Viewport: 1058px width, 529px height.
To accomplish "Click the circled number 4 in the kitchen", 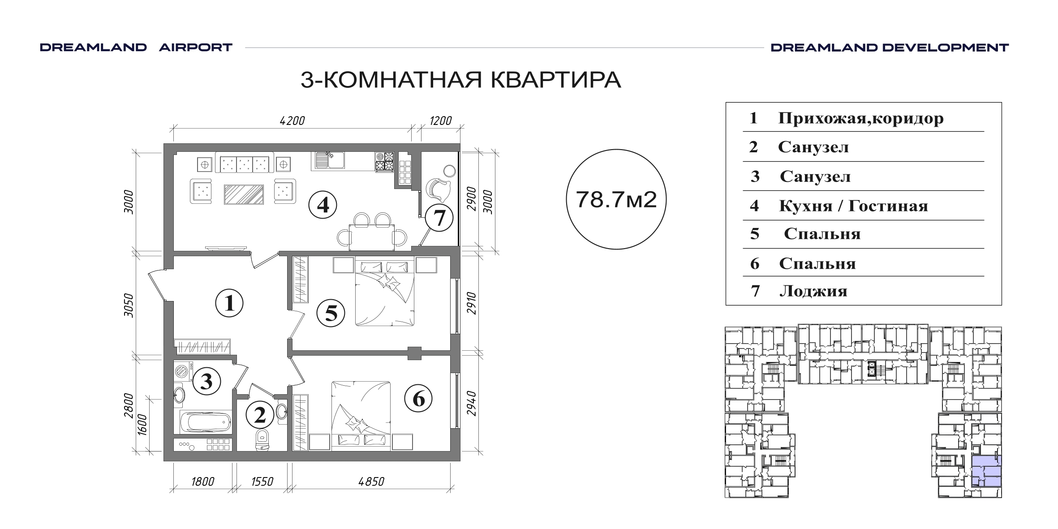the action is pyautogui.click(x=323, y=205).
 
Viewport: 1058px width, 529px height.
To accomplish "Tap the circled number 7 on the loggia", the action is pyautogui.click(x=439, y=218).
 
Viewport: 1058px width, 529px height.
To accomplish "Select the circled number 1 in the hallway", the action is pyautogui.click(x=229, y=303).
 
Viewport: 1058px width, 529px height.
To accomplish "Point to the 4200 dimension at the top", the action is pyautogui.click(x=292, y=121).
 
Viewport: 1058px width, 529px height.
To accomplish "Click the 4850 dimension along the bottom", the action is pyautogui.click(x=371, y=482).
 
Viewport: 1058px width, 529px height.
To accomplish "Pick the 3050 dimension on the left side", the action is pyautogui.click(x=129, y=305).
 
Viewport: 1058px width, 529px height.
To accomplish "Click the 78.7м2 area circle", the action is pyautogui.click(x=616, y=199).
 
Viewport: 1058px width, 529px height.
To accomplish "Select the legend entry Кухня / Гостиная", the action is pyautogui.click(x=854, y=206).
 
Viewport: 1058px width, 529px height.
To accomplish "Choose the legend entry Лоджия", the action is pyautogui.click(x=813, y=291).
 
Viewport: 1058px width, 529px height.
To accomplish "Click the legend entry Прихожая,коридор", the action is pyautogui.click(x=861, y=118).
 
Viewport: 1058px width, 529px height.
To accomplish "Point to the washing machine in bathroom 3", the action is pyautogui.click(x=183, y=371).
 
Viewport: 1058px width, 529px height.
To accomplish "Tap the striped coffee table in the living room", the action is pyautogui.click(x=244, y=194).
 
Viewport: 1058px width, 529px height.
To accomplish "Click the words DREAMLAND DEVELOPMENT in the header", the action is pyautogui.click(x=890, y=47).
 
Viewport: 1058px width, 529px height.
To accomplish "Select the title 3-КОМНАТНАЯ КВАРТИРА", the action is pyautogui.click(x=460, y=80).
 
